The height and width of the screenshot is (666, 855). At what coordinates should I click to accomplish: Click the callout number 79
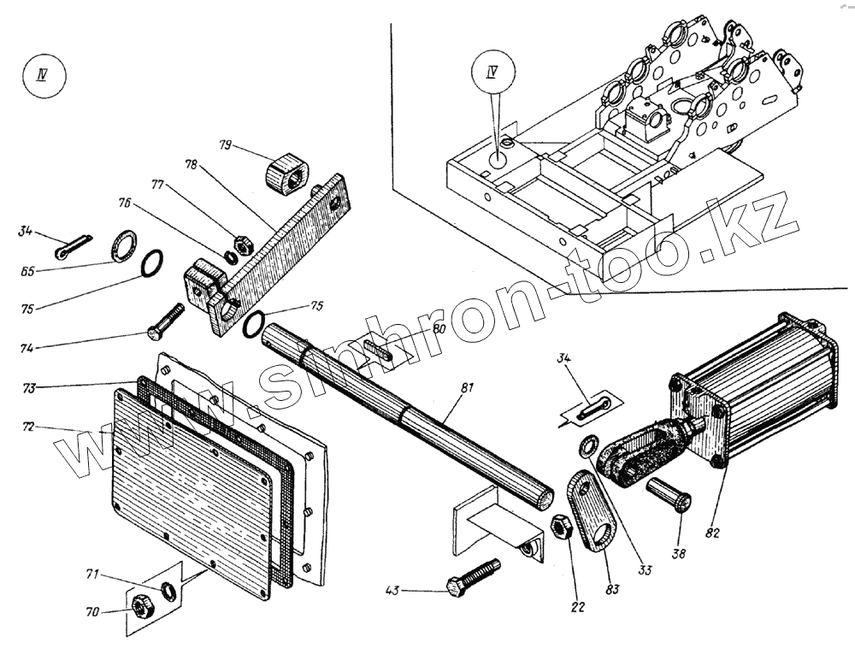tap(226, 145)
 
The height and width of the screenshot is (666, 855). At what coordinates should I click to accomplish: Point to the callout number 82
tap(713, 533)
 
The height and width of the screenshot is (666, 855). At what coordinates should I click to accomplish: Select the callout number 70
tap(92, 612)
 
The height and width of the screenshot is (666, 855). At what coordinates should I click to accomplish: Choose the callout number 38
tap(679, 554)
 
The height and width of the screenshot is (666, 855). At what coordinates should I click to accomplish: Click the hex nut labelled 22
tap(563, 527)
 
